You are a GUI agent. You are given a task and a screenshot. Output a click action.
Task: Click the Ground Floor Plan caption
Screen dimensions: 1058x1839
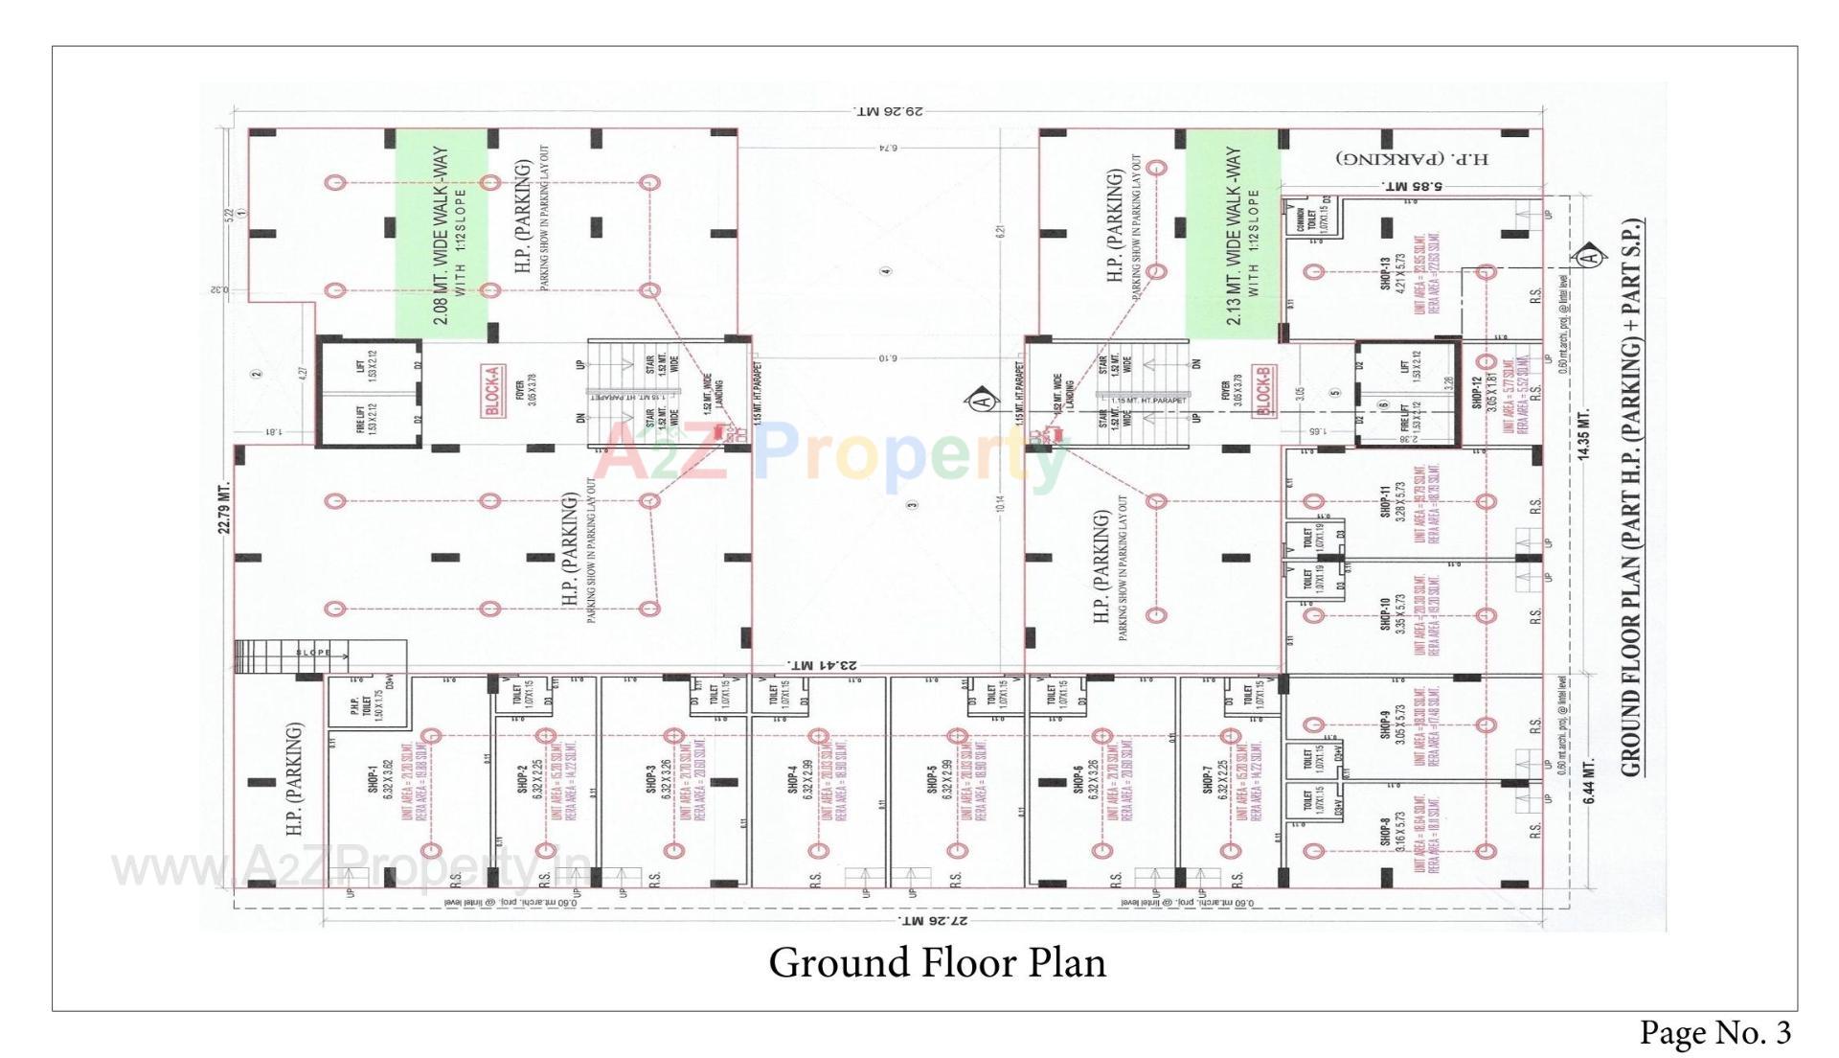pos(937,962)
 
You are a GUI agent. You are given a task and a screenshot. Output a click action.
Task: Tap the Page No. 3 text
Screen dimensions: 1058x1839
pos(1714,1032)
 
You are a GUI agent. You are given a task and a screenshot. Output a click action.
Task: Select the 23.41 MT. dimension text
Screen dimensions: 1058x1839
pos(822,664)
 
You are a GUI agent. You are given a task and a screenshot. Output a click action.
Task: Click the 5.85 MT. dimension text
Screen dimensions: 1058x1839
pos(1412,186)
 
